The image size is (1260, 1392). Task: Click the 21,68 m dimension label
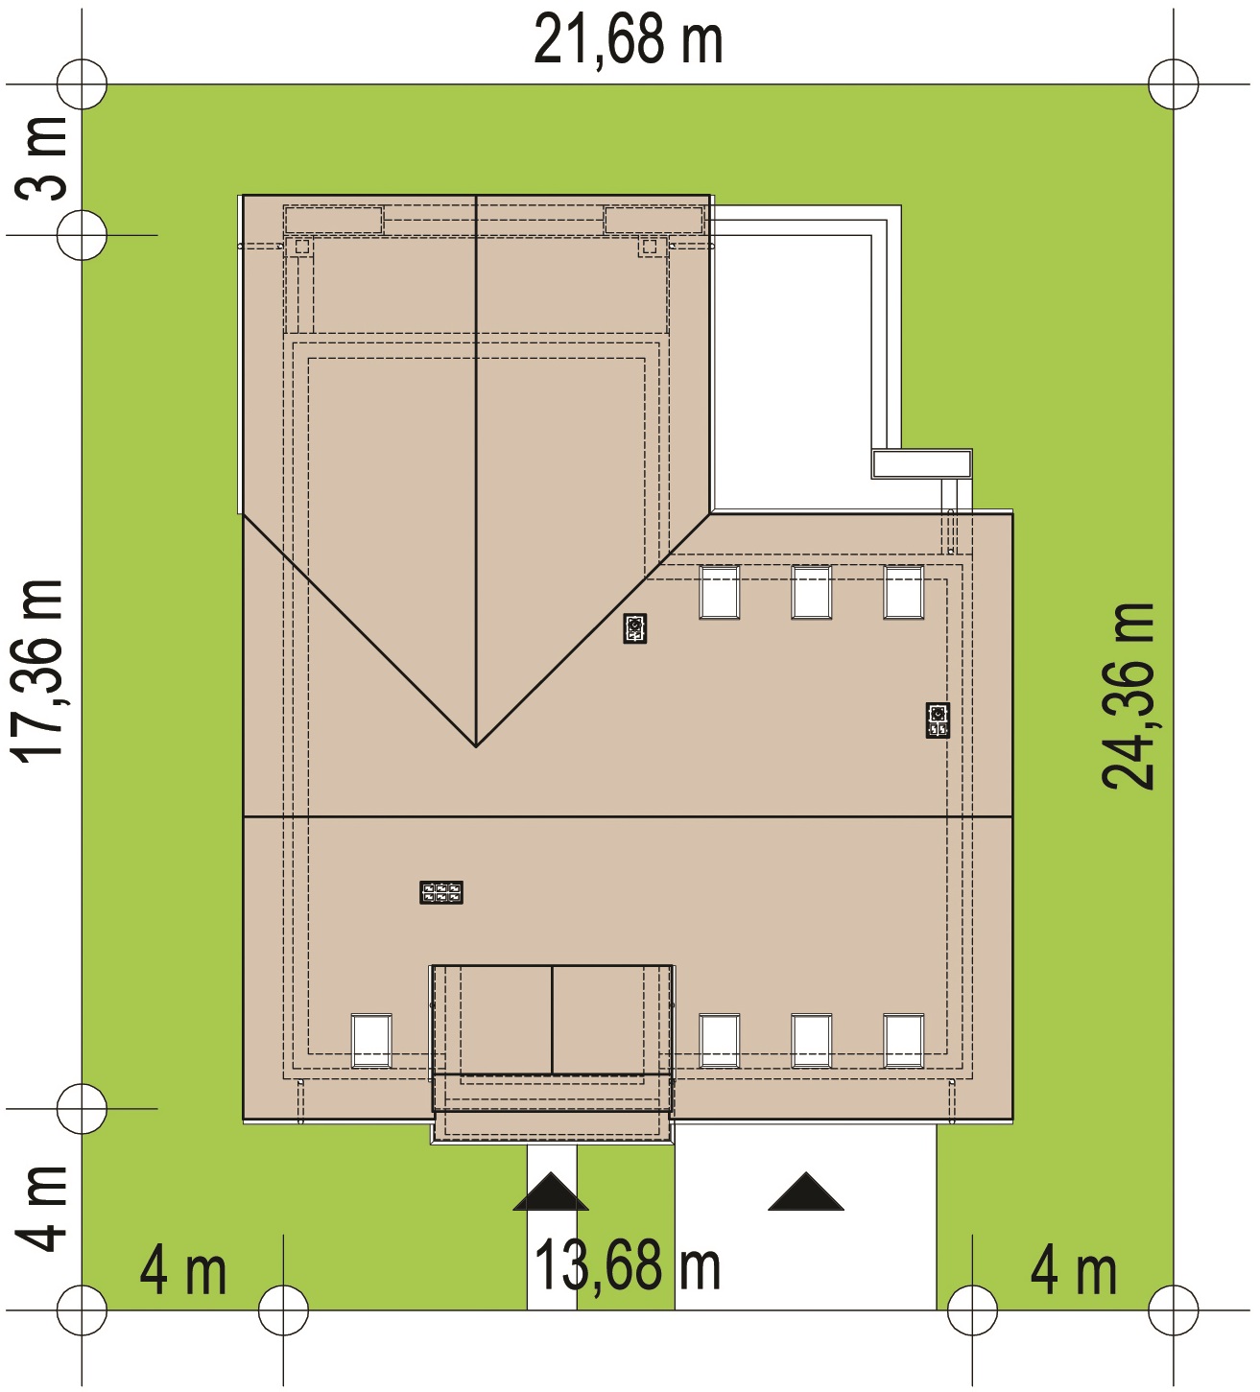(629, 39)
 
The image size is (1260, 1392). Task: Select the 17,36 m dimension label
(39, 671)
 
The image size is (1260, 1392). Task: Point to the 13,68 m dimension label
(628, 1266)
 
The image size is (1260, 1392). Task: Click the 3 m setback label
(40, 159)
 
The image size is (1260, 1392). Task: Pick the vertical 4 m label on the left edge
(40, 1210)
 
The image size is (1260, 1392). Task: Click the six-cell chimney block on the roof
(440, 892)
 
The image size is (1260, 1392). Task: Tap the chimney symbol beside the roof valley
(635, 628)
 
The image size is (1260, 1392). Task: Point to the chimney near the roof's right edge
(938, 720)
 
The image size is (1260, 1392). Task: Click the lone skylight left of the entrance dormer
(371, 1040)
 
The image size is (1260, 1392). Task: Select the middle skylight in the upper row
(811, 592)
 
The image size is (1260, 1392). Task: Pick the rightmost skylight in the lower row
(903, 1040)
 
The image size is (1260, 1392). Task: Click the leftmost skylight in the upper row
(719, 592)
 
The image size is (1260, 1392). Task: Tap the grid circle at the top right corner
(1174, 84)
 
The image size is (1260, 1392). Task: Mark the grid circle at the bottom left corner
(82, 1310)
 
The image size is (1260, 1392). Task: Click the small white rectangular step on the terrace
(921, 463)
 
